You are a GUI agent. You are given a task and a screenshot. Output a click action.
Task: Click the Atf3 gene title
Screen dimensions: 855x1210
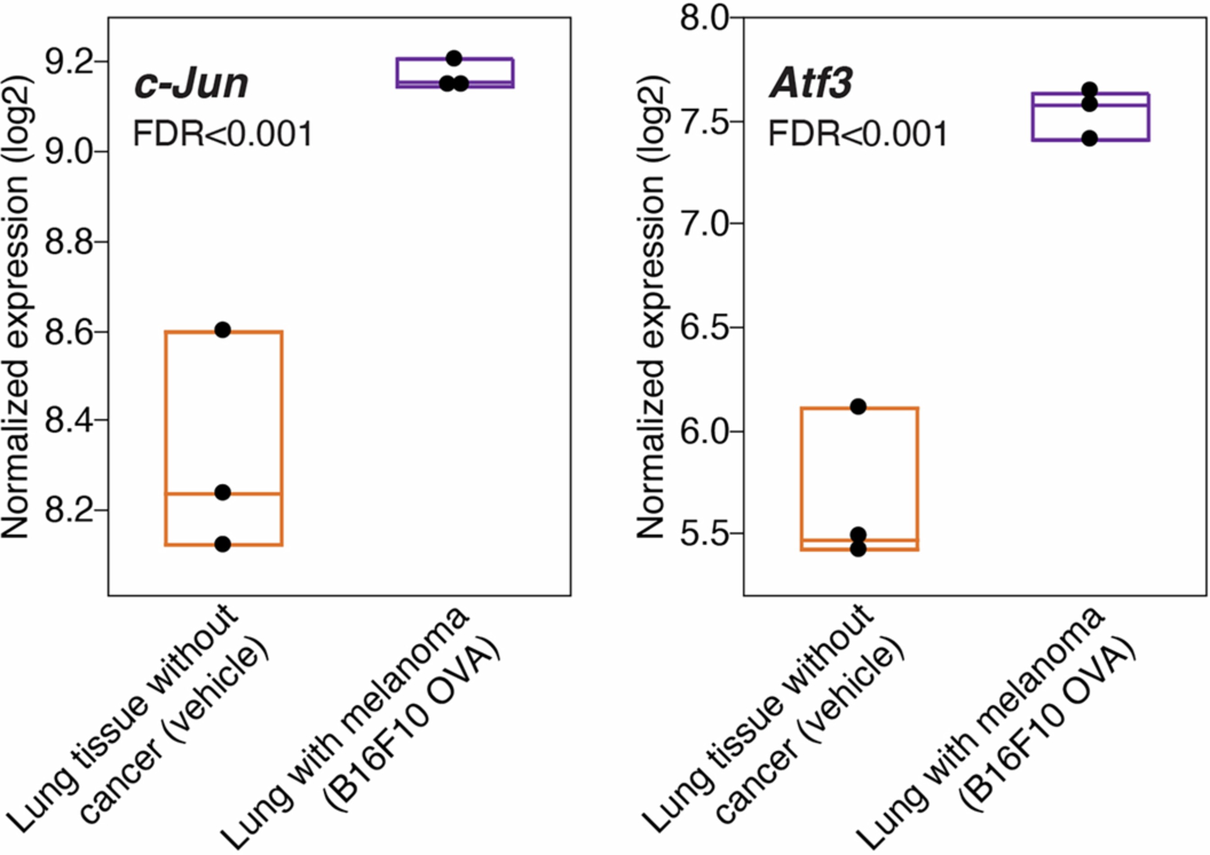(811, 84)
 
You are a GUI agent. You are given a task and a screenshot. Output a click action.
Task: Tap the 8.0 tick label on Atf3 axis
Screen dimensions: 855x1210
(704, 19)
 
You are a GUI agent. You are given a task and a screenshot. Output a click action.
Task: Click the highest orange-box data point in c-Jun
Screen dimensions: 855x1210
(223, 330)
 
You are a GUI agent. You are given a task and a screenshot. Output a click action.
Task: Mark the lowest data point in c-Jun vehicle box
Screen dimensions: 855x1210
(223, 544)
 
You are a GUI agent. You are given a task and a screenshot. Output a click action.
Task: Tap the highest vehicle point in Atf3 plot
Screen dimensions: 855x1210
(858, 407)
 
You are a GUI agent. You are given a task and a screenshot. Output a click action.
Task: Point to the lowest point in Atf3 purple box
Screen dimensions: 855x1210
(1089, 139)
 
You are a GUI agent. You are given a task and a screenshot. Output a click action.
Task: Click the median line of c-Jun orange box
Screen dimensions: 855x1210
(253, 494)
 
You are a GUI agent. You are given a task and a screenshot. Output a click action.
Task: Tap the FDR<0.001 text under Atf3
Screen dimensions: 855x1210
(858, 134)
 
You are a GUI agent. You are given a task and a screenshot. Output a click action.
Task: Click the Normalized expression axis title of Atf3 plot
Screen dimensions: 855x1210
(651, 306)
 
